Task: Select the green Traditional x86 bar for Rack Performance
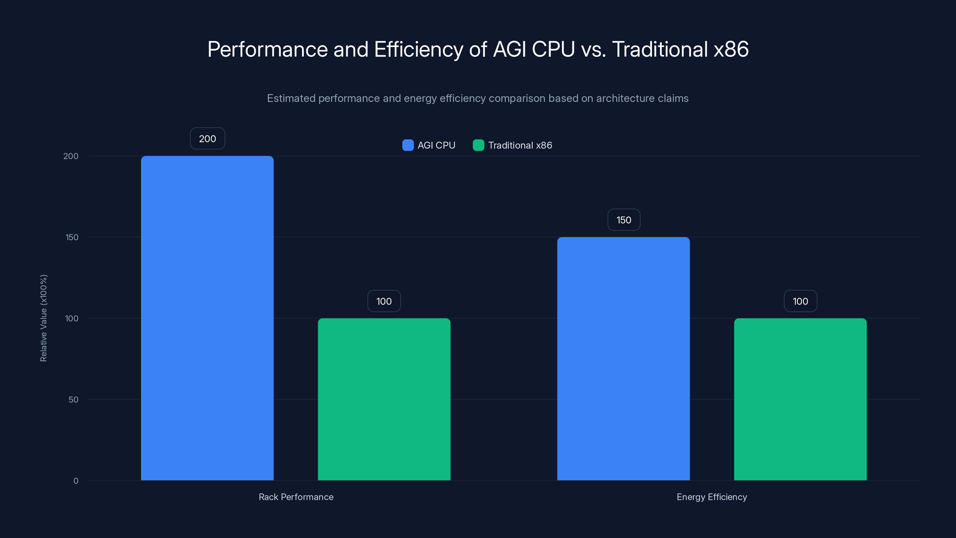click(384, 399)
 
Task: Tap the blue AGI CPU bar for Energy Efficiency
click(623, 359)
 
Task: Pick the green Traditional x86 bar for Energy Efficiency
click(800, 399)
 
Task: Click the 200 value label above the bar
click(207, 138)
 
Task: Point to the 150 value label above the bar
click(623, 220)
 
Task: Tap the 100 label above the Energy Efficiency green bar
click(800, 301)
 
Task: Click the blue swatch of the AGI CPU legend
click(408, 145)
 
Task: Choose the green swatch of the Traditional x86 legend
click(478, 145)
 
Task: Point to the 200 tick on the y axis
click(71, 156)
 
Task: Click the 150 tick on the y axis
click(72, 237)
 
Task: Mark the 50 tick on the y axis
click(73, 400)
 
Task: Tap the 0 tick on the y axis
click(76, 481)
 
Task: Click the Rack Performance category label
click(296, 497)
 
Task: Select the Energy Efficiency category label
click(711, 497)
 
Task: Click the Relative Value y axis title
click(43, 318)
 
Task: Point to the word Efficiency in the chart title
click(419, 49)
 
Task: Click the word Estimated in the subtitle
click(291, 98)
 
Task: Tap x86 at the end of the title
click(731, 49)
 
